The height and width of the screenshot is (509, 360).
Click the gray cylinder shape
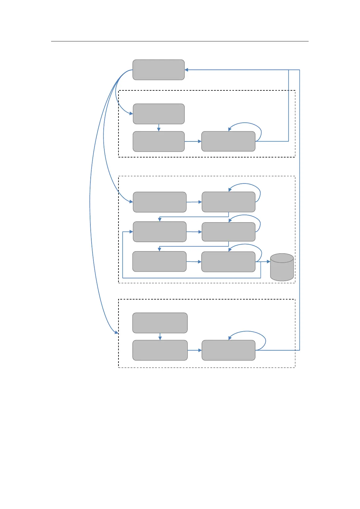[282, 267]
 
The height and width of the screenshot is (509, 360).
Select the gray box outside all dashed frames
[158, 70]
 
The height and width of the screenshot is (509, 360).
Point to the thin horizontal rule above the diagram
[180, 41]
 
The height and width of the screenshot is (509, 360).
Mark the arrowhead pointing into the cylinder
[268, 262]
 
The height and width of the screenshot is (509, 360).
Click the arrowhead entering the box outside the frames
[186, 70]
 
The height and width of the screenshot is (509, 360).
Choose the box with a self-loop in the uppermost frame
[228, 141]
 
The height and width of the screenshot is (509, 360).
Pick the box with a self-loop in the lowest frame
[228, 350]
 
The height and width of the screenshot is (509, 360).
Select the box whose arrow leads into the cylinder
[228, 262]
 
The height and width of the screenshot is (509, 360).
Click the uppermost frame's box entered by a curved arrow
[159, 114]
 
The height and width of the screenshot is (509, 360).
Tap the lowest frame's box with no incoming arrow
[160, 323]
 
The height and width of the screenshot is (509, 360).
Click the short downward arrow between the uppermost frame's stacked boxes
[159, 128]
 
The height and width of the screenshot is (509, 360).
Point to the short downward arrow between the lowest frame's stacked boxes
[160, 337]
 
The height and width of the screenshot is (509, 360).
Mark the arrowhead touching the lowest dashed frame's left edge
[116, 332]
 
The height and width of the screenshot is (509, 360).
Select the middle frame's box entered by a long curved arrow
[160, 202]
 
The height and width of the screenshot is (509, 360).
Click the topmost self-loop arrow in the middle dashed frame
[245, 184]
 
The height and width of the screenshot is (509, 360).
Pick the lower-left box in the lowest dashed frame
[160, 350]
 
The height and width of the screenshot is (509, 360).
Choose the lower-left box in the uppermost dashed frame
[159, 141]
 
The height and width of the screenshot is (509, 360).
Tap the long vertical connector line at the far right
[300, 212]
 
